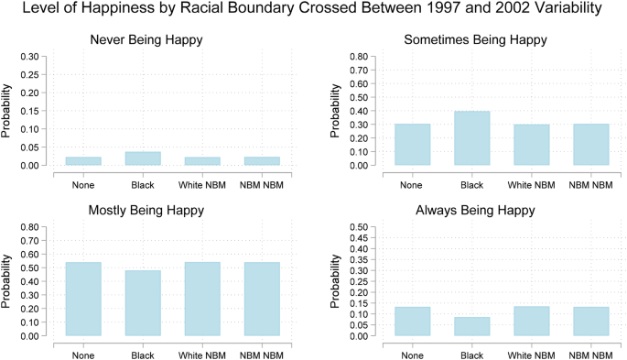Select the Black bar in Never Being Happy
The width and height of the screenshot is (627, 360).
click(143, 158)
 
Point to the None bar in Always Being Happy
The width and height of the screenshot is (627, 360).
click(413, 322)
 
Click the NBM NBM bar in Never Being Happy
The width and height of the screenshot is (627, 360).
click(262, 161)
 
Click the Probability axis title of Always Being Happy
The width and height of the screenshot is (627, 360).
click(335, 281)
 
